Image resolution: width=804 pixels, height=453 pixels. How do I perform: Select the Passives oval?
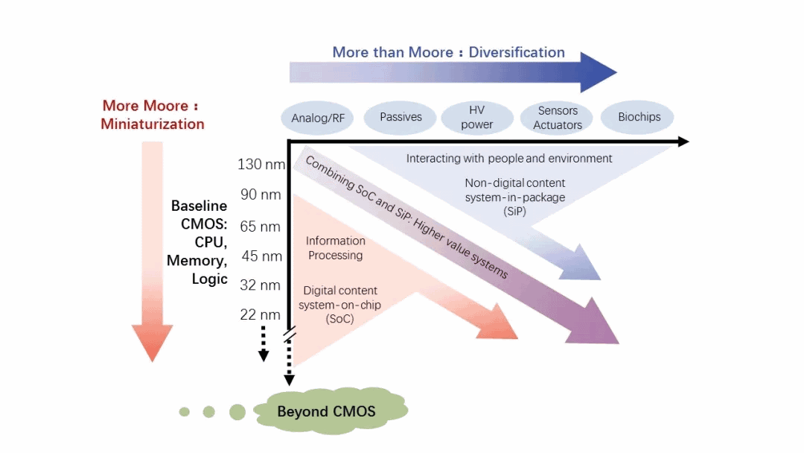coord(401,117)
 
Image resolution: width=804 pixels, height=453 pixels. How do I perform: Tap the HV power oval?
coord(477,118)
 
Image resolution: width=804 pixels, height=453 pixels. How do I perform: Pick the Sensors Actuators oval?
coord(558,118)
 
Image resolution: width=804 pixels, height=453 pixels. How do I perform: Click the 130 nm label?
coord(261,164)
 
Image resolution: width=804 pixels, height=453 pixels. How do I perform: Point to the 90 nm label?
coord(261,195)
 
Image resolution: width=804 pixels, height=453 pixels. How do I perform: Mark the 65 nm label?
coord(261,226)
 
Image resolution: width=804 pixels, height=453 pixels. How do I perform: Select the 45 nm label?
coord(262,256)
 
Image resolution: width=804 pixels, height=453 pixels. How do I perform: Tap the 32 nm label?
coord(261,285)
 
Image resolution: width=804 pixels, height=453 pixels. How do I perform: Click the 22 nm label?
coord(261,315)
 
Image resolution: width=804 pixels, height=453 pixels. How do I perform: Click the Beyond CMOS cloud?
coord(328,411)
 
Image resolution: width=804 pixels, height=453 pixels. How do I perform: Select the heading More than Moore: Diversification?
coord(448,52)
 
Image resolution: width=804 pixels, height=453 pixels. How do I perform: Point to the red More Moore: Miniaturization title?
coord(153,115)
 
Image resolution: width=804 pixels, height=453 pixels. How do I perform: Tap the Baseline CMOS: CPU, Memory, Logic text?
coord(198,242)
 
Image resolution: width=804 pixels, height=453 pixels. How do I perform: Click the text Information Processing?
coord(335,248)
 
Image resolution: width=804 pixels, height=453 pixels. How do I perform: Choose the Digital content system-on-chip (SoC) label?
coord(339,304)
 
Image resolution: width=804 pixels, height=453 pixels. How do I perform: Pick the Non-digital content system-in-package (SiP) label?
coord(514,197)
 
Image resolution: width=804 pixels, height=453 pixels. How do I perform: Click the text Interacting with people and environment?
coord(509,158)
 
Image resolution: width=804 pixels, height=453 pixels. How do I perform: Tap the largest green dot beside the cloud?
coord(237,411)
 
